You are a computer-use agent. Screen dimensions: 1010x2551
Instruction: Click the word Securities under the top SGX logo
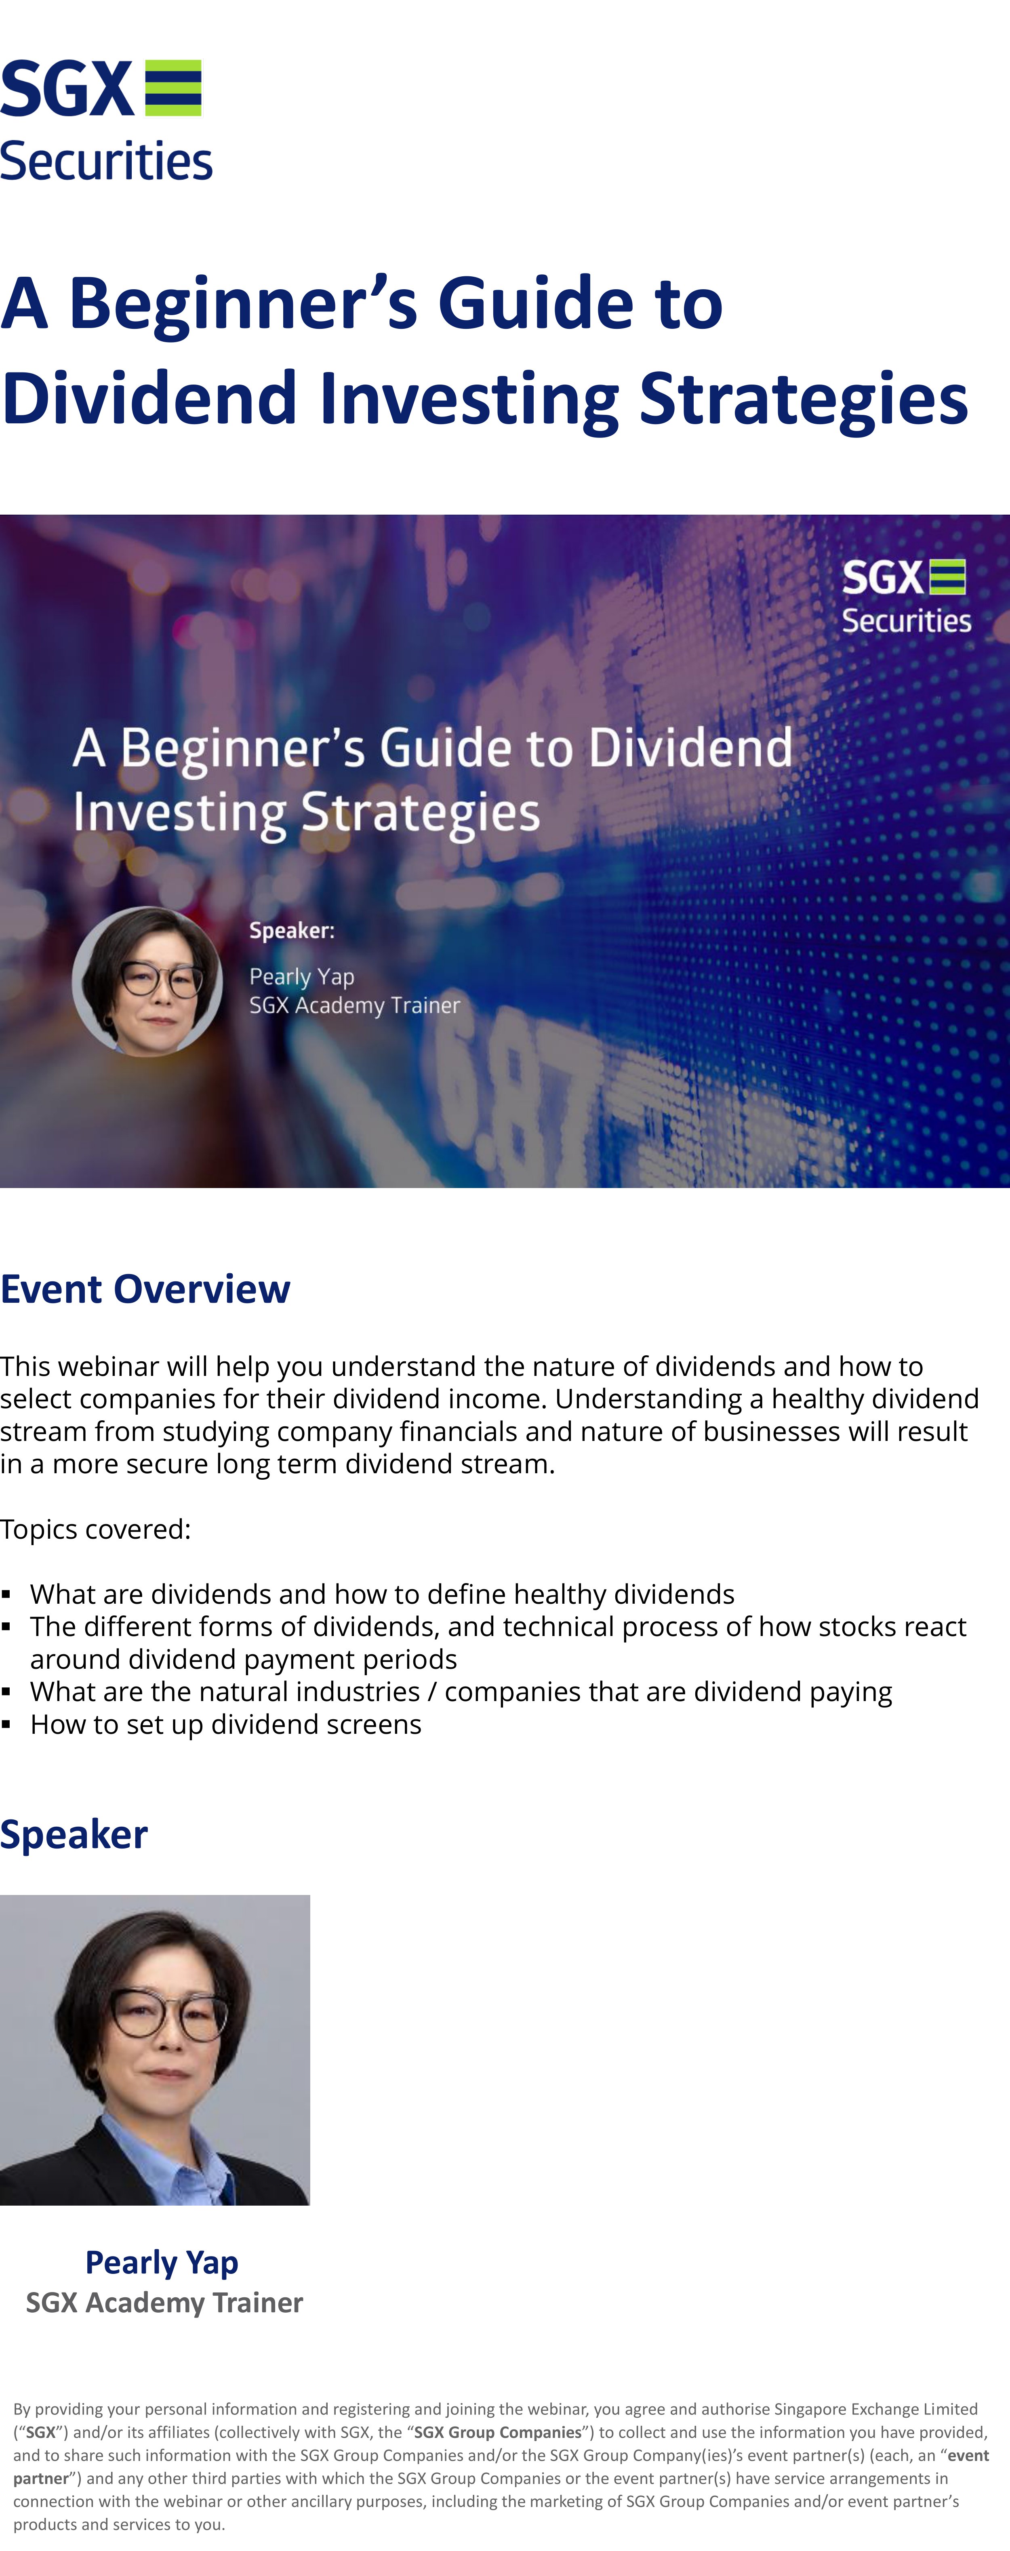tap(106, 162)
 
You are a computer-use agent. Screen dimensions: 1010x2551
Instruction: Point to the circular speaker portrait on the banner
tap(147, 981)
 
